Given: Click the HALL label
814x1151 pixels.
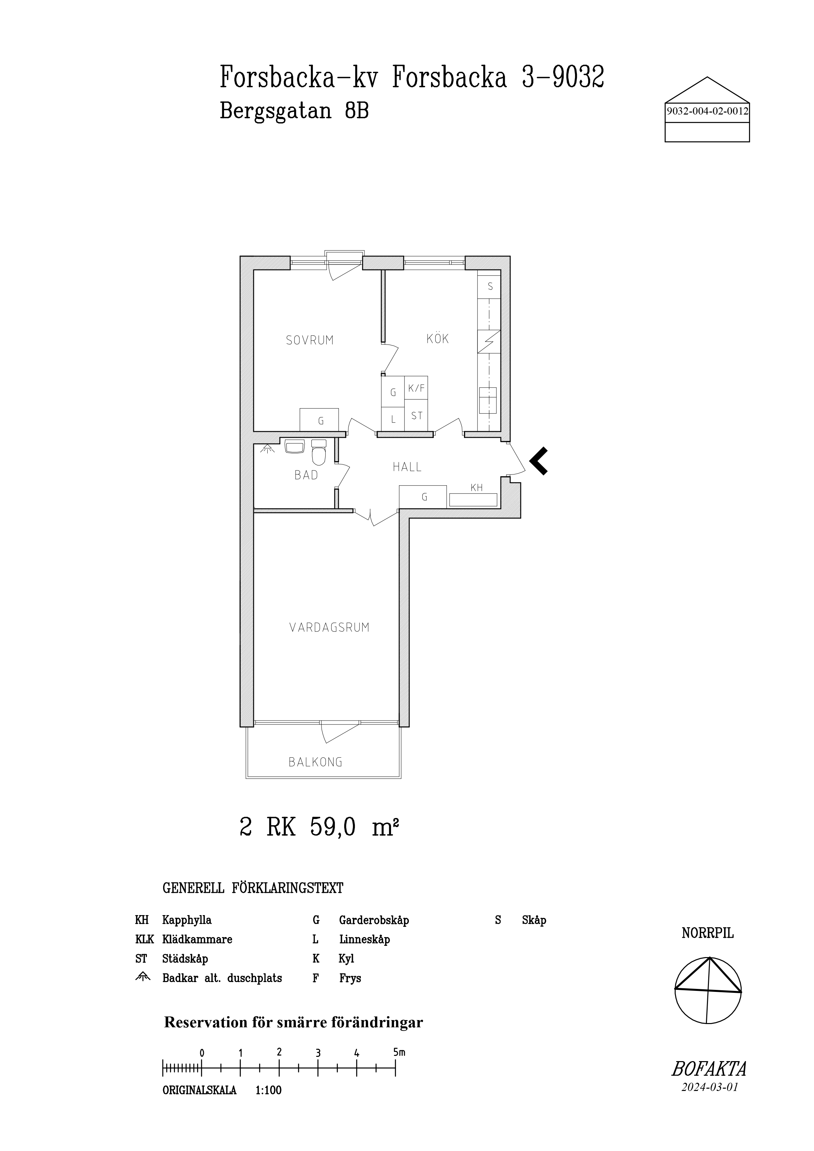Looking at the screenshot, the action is tap(407, 467).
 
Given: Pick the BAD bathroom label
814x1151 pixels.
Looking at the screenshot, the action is tap(306, 475).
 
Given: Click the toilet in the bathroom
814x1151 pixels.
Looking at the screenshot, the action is tap(319, 453).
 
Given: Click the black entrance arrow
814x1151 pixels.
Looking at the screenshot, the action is tap(538, 461).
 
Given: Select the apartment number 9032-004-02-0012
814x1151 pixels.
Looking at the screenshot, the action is tap(707, 111).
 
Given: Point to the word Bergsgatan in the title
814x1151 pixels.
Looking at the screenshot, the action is tap(276, 111).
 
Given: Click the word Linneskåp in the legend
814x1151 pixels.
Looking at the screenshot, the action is tap(364, 939).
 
